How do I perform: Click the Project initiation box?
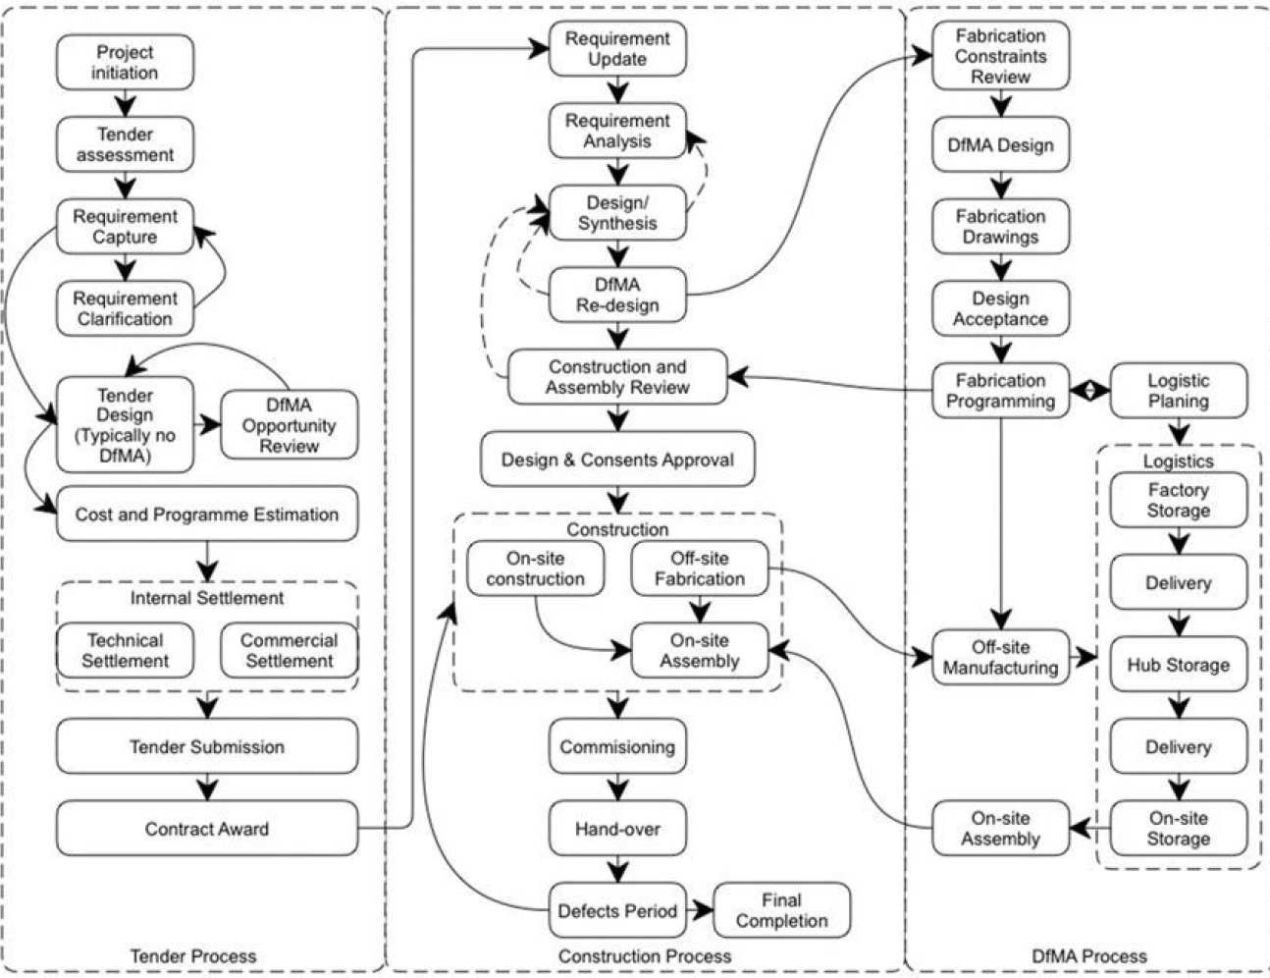tap(125, 63)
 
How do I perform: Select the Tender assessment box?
tap(125, 144)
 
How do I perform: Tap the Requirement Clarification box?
tap(125, 308)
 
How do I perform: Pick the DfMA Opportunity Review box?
tap(289, 425)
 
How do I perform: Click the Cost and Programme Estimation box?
tap(207, 515)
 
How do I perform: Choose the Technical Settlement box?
tap(125, 650)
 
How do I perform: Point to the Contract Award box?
tap(207, 829)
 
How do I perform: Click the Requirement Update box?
tap(617, 49)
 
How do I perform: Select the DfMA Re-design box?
tap(617, 295)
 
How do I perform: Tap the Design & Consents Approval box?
tap(617, 460)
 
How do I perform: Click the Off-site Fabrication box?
tap(700, 569)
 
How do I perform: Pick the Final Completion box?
tap(781, 910)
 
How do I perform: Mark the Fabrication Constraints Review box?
tap(1000, 56)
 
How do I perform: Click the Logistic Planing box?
tap(1178, 391)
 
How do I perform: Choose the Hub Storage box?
tap(1178, 665)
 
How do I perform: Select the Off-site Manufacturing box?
tap(1000, 657)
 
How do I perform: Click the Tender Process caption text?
tap(193, 955)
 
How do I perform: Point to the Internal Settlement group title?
tap(207, 598)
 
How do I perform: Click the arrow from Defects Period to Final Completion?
tap(699, 910)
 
